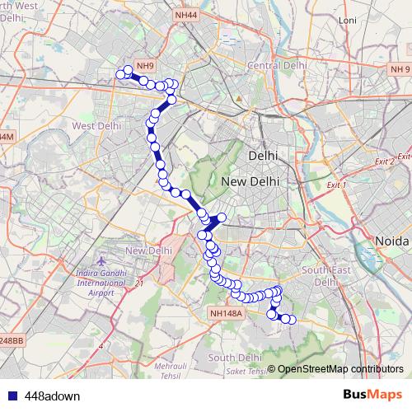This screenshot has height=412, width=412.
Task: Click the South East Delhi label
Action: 321,275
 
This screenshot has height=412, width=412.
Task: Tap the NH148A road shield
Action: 226,313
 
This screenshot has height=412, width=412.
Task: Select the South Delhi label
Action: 235,358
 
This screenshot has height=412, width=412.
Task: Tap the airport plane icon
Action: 100,261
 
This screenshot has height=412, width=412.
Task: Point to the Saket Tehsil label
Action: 244,372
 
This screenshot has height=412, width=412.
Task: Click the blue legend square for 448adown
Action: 12,396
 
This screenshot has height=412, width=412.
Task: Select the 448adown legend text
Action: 52,396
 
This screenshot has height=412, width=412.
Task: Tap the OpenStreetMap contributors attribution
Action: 340,368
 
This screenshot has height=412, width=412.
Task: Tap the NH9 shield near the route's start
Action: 145,66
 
